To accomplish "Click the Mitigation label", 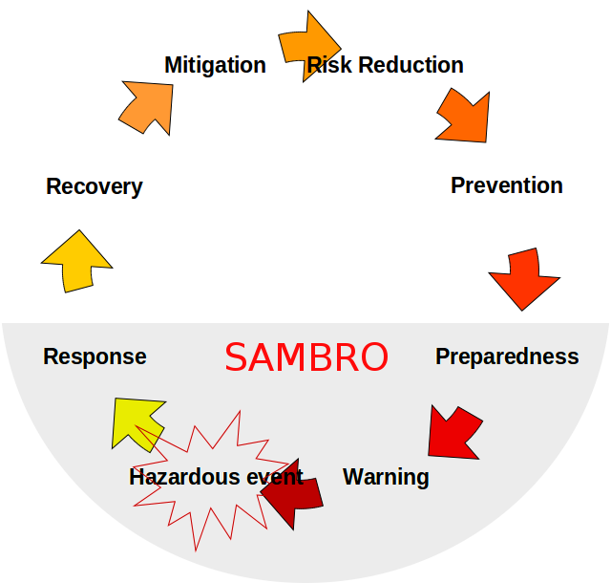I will tap(215, 65).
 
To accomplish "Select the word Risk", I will tap(327, 65).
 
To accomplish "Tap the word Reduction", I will tap(408, 65).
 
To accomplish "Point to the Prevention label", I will tap(506, 185).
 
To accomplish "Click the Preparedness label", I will tap(507, 356).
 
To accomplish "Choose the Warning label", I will tap(386, 476).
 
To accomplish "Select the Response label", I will tap(95, 356).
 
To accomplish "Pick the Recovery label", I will tap(94, 186).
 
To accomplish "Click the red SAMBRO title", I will tap(306, 357).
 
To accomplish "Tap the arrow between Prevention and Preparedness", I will tap(524, 278).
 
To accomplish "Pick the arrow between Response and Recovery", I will tap(76, 261).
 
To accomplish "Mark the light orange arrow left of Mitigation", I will tap(149, 105).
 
